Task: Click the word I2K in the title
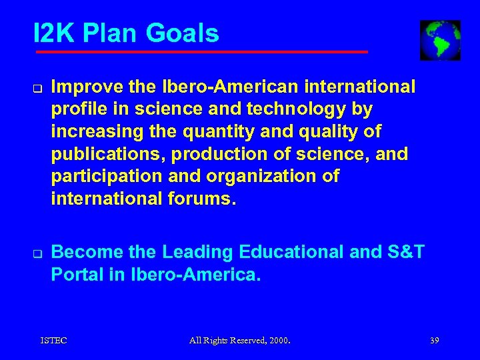55,33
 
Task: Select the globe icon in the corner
440,40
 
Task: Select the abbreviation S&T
405,253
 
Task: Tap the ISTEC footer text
54,341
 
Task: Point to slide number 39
435,341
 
